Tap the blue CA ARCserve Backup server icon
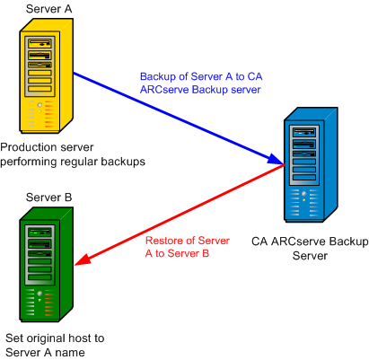click(309, 162)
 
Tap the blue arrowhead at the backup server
click(277, 162)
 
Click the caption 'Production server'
click(45, 147)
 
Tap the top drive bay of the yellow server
click(39, 42)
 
